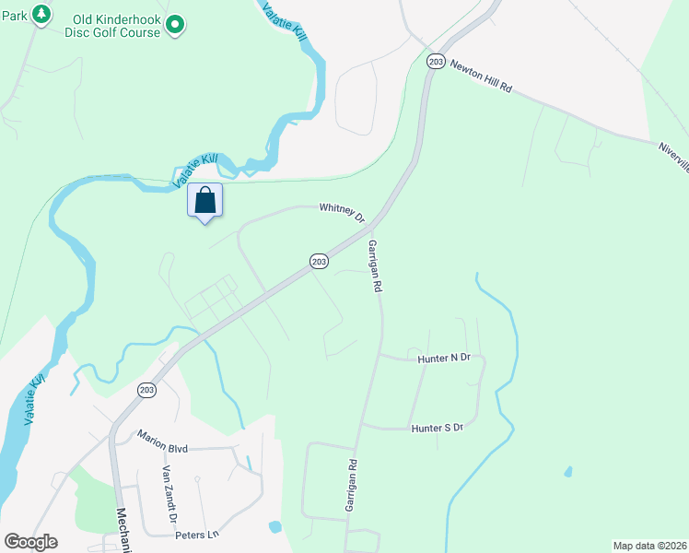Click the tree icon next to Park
[41, 15]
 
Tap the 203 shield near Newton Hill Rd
[436, 62]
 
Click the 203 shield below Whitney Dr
[319, 262]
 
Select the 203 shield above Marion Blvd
[146, 390]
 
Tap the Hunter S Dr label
[437, 428]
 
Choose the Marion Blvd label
[163, 441]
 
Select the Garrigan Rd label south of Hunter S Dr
[350, 486]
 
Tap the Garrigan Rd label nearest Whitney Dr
[374, 266]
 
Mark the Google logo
[30, 542]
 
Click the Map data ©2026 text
[649, 545]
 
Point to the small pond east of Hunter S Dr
[567, 472]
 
